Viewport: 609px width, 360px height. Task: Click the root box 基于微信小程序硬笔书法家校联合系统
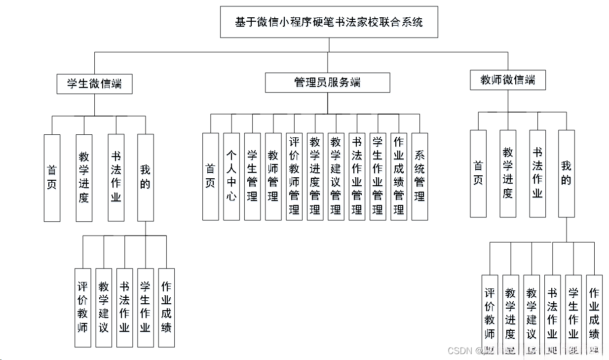pos(329,22)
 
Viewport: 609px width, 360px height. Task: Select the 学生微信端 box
pos(94,83)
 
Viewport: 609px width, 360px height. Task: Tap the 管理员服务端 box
pos(327,82)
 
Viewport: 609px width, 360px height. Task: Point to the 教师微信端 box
pos(507,80)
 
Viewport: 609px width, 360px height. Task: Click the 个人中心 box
pos(231,176)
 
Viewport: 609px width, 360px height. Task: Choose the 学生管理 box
pos(252,176)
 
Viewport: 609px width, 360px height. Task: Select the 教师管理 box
pos(273,176)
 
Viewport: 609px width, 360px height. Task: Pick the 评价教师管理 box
pos(294,176)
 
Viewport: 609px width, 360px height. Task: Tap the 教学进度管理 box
pos(315,176)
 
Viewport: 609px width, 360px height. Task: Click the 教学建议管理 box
pos(336,176)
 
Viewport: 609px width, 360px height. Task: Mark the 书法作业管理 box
pos(357,176)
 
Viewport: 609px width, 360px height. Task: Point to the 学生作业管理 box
pos(378,176)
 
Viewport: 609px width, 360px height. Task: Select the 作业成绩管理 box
pos(399,176)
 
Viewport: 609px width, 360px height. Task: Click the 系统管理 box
pos(419,176)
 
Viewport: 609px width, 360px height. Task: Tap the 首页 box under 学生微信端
pos(52,178)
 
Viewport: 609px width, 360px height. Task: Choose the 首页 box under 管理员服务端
pos(210,176)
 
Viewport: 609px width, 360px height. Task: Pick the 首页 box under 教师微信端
pos(478,173)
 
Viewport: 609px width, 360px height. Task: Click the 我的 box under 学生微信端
pos(145,177)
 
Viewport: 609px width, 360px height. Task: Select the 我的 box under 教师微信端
pos(567,173)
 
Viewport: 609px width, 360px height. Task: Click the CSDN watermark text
pos(459,351)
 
